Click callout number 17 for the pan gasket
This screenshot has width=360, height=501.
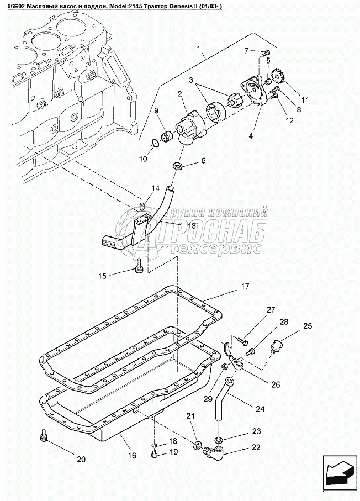245,287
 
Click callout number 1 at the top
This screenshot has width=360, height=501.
198,49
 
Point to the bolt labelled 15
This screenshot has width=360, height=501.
139,269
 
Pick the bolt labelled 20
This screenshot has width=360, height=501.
45,437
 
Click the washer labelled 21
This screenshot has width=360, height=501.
198,445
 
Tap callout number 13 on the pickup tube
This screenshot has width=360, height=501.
190,225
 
